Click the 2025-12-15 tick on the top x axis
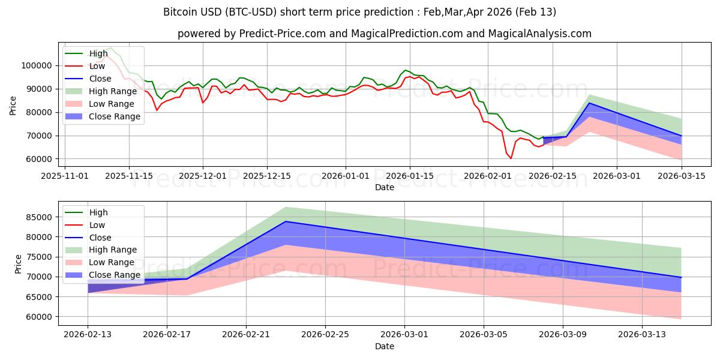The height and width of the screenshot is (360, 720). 267,176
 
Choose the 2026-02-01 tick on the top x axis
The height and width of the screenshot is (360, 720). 488,176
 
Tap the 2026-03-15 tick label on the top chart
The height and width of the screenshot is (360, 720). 682,176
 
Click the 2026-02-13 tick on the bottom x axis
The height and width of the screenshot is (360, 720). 88,335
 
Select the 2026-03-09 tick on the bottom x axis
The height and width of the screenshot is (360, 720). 563,335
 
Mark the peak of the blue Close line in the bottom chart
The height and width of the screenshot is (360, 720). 286,221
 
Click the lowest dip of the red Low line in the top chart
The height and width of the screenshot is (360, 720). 511,158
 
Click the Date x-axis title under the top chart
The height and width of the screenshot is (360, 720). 385,187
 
